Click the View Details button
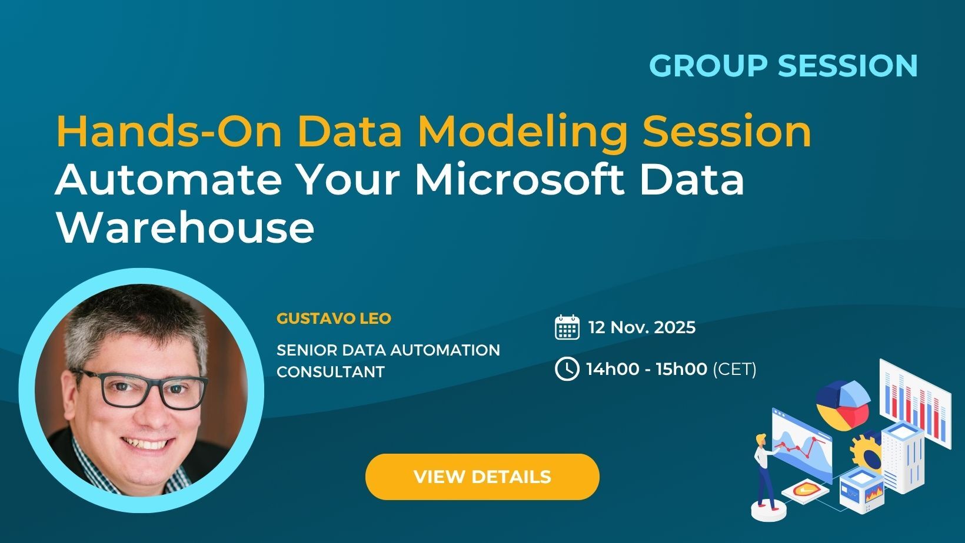point(482,477)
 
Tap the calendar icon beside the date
point(567,327)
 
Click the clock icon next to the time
point(567,369)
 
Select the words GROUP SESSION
point(783,65)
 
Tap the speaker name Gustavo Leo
point(334,319)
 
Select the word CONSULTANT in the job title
point(330,372)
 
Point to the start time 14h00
point(613,369)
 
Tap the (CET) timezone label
point(734,369)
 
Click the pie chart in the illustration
point(843,404)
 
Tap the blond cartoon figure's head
point(761,440)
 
